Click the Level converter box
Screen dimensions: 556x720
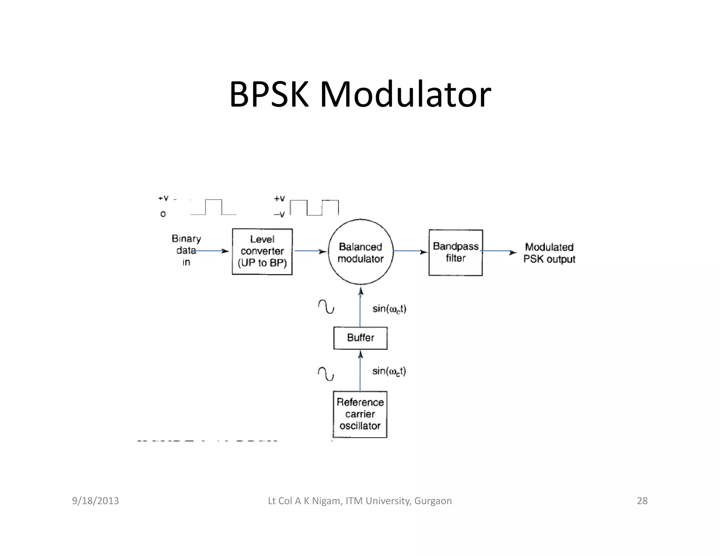pos(262,252)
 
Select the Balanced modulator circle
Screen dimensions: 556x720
pos(360,252)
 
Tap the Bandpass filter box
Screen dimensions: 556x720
pos(455,252)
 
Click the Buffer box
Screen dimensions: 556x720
pos(360,338)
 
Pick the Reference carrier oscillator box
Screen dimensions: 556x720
pos(360,414)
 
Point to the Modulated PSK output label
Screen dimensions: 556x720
pos(549,253)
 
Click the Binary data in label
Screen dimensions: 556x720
pos(186,250)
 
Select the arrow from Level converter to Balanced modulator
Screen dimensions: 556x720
pos(310,251)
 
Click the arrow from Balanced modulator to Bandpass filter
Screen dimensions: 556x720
pos(410,251)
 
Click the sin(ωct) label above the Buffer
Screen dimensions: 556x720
pos(389,309)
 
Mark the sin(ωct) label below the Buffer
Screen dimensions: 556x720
pos(389,371)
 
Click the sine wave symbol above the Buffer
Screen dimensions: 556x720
pos(326,306)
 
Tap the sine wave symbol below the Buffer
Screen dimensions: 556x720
pos(326,374)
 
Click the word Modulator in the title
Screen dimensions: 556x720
pos(405,94)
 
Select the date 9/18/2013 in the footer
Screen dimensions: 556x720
pos(95,500)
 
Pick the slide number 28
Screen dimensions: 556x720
pos(642,500)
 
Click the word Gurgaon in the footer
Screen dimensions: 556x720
pos(433,501)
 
